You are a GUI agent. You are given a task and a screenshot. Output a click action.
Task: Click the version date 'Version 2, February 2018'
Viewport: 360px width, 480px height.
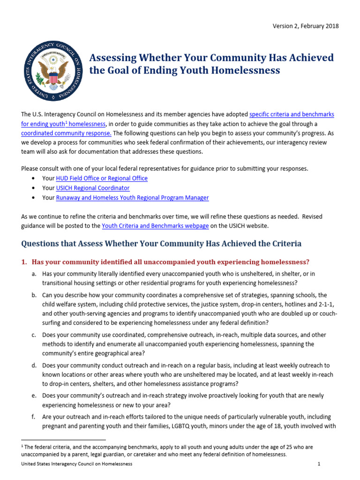[306, 26]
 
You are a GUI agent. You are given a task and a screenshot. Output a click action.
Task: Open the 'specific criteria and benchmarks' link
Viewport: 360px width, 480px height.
[292, 114]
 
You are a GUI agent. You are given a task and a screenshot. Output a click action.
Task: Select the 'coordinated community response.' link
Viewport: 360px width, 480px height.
[66, 133]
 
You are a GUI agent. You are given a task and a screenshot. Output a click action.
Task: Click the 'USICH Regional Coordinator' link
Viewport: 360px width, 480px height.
[93, 188]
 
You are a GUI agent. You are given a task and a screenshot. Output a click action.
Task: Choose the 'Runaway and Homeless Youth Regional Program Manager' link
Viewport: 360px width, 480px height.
[133, 198]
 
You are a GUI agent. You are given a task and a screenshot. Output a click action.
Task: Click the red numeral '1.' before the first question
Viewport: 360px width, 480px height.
[24, 262]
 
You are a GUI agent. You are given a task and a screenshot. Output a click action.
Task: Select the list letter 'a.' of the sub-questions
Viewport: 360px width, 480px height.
[34, 274]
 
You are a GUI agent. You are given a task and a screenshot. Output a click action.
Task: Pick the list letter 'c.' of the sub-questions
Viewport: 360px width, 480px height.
[34, 335]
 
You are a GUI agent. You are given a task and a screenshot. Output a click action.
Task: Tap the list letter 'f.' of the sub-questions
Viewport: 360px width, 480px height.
[34, 417]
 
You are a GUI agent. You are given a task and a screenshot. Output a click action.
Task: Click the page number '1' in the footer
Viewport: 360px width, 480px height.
[319, 464]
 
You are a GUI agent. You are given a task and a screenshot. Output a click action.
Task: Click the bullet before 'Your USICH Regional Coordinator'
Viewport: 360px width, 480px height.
[32, 188]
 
